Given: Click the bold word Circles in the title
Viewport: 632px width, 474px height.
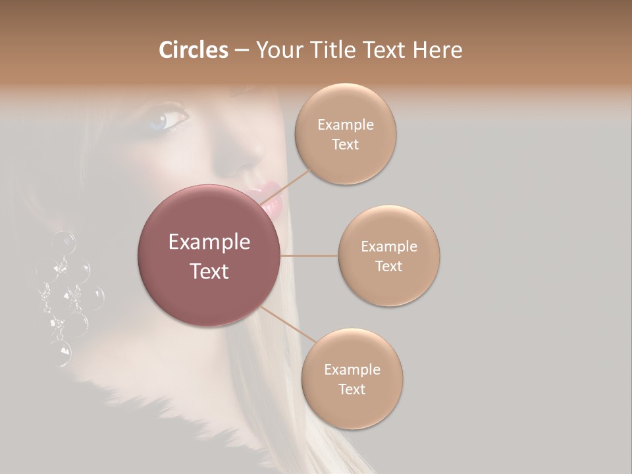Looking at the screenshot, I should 193,50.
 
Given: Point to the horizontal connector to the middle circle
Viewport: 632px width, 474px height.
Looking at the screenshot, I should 309,255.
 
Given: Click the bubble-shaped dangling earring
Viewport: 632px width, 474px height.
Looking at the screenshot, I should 69,296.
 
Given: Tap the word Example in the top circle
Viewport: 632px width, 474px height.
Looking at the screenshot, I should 345,124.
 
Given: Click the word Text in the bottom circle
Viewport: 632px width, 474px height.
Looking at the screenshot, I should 352,389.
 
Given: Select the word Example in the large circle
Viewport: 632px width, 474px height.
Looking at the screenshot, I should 209,242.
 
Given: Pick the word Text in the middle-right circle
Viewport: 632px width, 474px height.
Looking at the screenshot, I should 388,266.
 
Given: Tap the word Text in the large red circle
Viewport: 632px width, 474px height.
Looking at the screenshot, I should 209,271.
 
